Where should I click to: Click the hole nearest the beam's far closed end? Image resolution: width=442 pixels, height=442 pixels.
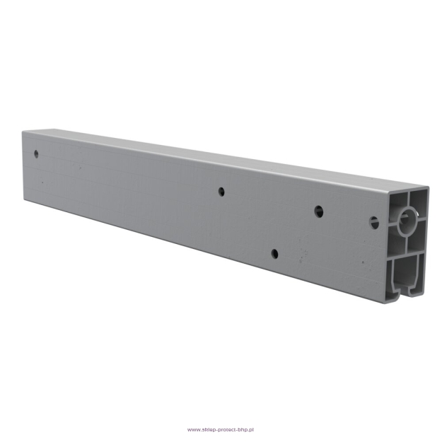click(36, 154)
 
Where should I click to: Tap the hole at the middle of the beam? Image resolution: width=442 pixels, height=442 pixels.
click(221, 192)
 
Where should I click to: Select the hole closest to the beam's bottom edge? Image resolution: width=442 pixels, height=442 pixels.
click(274, 254)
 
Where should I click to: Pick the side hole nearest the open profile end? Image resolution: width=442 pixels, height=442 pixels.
click(374, 223)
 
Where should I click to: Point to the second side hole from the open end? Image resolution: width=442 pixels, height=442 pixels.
click(319, 211)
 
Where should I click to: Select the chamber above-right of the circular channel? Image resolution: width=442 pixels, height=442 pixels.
click(418, 203)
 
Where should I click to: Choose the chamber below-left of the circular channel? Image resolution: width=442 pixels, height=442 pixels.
click(397, 243)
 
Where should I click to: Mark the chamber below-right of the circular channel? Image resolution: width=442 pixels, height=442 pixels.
click(417, 238)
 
